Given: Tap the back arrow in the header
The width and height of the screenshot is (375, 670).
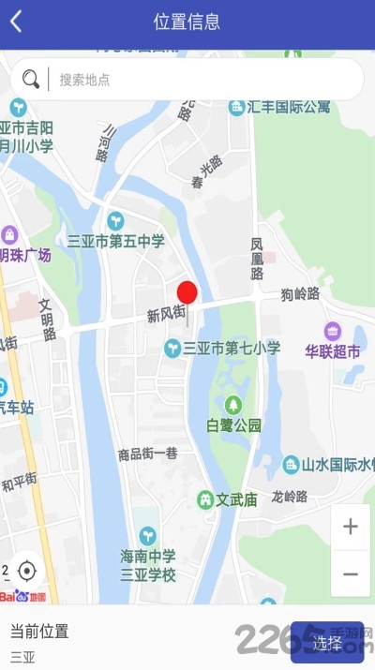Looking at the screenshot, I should point(16,22).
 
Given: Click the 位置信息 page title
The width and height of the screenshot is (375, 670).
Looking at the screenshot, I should point(187,22).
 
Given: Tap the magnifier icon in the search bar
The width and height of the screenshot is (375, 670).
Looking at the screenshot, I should point(31,80).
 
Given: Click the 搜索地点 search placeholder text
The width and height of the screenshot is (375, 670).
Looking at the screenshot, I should point(84,80).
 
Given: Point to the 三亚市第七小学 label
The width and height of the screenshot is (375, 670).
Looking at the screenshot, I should point(231,348).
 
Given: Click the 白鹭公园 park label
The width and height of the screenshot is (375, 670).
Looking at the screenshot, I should point(234,424).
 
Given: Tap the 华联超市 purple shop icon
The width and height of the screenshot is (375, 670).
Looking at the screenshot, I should point(333,331).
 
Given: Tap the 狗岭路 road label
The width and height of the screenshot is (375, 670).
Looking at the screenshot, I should point(300,294).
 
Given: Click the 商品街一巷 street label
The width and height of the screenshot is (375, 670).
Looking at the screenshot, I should point(147,454).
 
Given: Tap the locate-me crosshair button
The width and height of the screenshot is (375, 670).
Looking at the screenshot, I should point(27,571).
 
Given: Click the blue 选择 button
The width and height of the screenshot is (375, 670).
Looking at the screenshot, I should point(327,643).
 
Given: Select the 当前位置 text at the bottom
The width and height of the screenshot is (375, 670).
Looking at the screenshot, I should point(39,631).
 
